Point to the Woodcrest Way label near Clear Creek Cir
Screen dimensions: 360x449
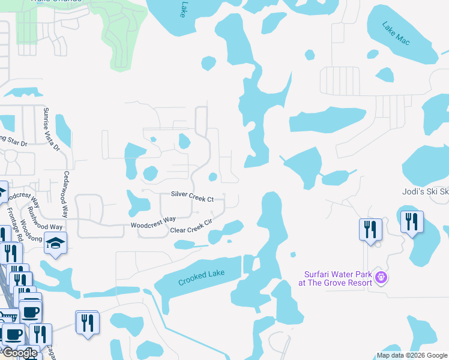click(153, 222)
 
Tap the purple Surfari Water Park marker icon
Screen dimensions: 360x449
click(381, 277)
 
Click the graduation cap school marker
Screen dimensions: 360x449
click(56, 243)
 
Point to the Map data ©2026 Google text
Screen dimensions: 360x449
click(412, 355)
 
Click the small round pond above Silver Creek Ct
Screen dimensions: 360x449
click(212, 176)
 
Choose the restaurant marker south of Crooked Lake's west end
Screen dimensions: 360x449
click(87, 322)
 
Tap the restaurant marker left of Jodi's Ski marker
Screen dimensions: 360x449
click(370, 229)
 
